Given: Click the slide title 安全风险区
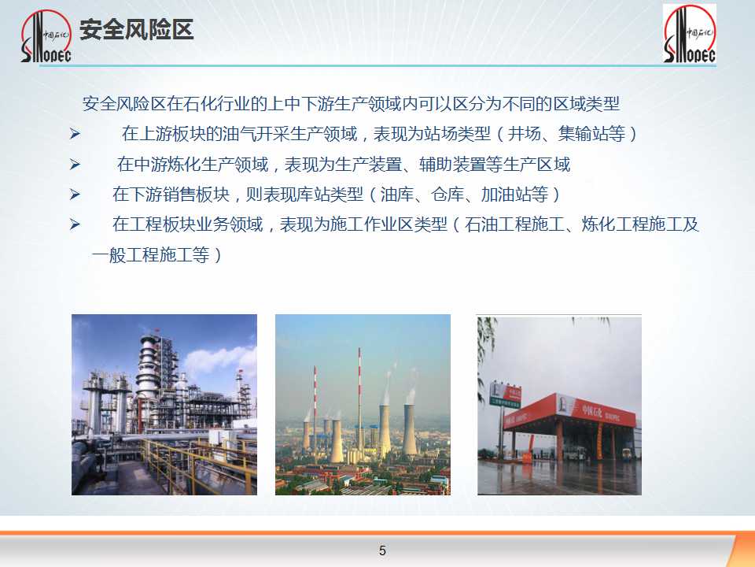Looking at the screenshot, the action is coord(136,30).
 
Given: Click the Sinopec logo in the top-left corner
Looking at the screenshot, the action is coord(46,37).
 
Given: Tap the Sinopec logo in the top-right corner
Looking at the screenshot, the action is coord(690,34).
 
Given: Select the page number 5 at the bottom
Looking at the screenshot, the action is coord(382,550).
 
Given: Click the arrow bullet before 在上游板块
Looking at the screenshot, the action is coord(75,134).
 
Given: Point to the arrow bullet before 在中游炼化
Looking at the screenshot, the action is coord(75,165).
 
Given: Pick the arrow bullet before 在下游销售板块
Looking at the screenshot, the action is coord(75,195).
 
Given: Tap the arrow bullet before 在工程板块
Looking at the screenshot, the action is coord(75,224).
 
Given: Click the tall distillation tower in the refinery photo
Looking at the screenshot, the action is coord(149,371).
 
